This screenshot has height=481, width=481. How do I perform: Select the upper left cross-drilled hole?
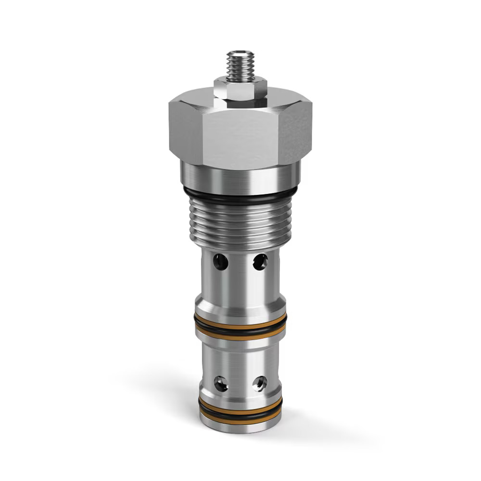click(221, 262)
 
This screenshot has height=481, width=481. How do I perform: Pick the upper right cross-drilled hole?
click(260, 262)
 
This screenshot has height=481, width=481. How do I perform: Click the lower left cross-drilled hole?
click(221, 383)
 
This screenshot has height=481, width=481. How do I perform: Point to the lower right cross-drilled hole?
click(260, 383)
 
